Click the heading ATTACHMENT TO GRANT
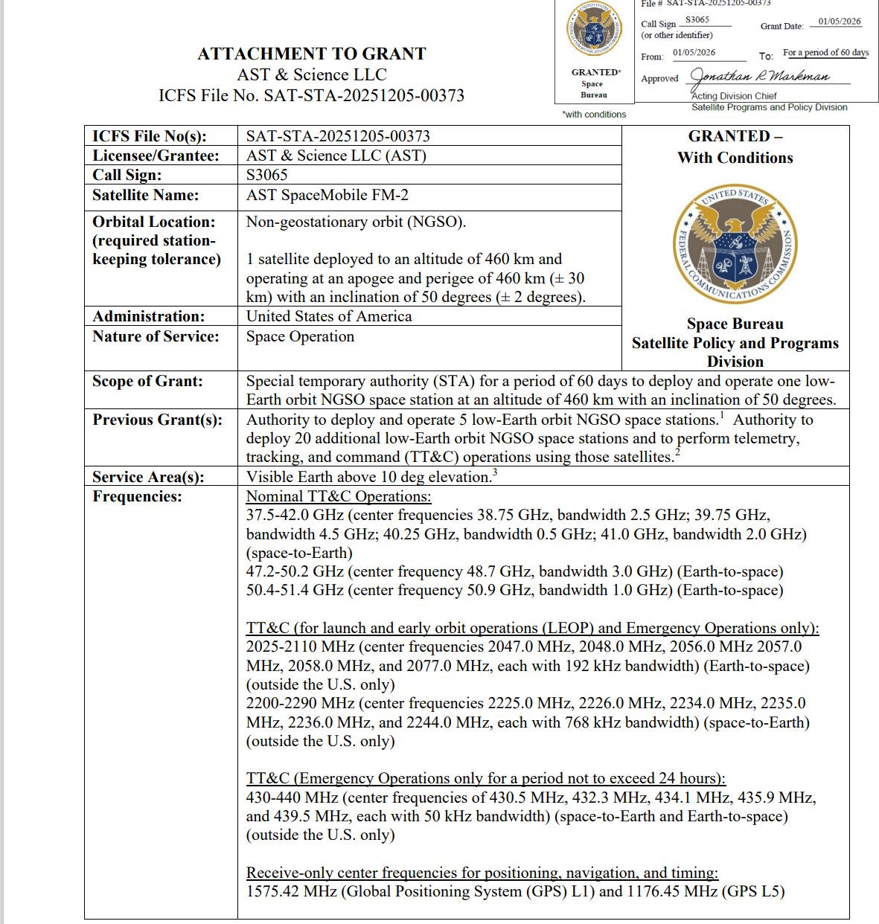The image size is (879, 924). click(x=311, y=54)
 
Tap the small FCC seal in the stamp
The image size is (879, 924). click(x=593, y=31)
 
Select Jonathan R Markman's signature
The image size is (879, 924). click(x=759, y=77)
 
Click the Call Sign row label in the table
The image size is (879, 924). click(x=127, y=175)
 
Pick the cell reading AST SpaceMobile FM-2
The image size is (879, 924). click(x=327, y=195)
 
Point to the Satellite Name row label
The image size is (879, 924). click(x=145, y=195)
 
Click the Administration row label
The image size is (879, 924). click(x=148, y=316)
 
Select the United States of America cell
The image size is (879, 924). click(x=329, y=316)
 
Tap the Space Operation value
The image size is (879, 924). click(x=300, y=336)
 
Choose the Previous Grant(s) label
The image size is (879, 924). click(x=157, y=420)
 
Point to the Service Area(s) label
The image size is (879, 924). click(x=148, y=477)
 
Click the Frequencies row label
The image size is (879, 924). click(x=137, y=496)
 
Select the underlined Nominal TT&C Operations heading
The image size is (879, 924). click(x=339, y=496)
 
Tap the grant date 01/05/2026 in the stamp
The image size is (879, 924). click(x=839, y=22)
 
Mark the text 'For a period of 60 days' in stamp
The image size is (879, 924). click(x=825, y=53)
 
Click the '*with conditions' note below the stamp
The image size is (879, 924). click(x=594, y=115)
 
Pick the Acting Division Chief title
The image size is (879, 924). click(x=734, y=96)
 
